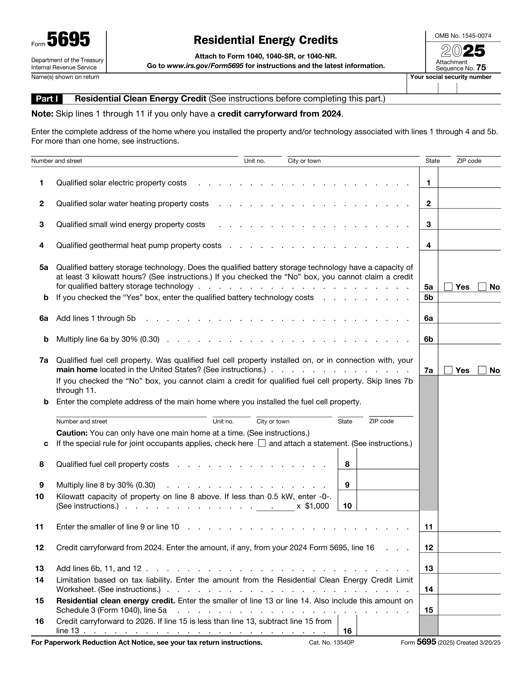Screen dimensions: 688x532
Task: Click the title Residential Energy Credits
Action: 266,40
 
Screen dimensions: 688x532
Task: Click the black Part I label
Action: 47,99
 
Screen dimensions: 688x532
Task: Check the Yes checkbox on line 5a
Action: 448,287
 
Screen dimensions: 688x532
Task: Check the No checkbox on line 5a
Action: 482,287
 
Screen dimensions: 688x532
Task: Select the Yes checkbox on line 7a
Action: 448,370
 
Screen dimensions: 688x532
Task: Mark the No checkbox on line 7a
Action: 482,370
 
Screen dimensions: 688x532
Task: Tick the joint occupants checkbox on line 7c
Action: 262,443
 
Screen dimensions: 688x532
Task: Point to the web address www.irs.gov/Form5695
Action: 205,66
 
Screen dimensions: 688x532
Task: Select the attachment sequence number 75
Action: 481,68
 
